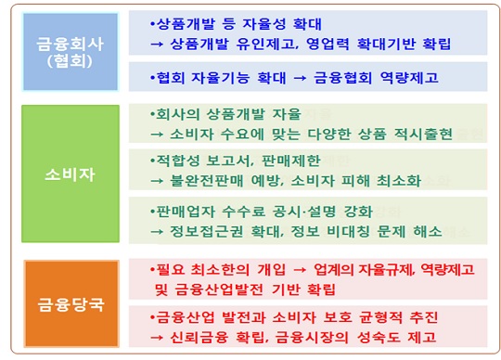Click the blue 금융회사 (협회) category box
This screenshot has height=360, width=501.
tap(71, 52)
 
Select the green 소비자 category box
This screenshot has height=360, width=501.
tap(71, 174)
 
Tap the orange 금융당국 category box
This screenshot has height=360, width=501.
tap(71, 303)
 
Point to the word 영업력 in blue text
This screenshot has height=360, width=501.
tap(328, 44)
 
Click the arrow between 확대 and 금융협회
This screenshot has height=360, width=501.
tap(300, 78)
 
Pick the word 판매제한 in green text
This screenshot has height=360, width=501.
tap(291, 161)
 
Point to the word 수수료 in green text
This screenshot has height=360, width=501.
tap(243, 212)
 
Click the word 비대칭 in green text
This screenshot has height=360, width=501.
tap(348, 231)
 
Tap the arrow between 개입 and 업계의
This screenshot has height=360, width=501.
tap(300, 270)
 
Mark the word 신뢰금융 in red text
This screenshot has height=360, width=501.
tap(199, 338)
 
